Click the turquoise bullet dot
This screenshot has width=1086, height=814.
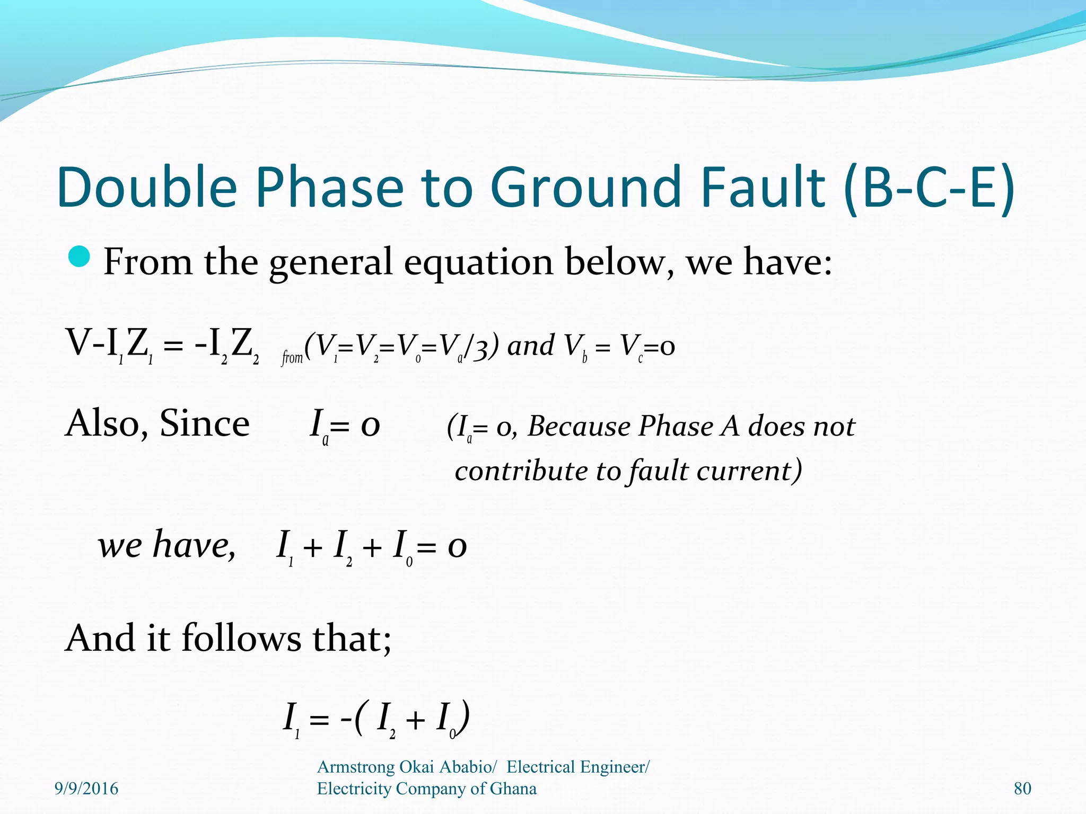(80, 257)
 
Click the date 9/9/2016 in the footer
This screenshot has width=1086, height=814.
(86, 789)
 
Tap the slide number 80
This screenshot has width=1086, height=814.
(1022, 789)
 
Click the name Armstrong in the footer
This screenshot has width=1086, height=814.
(355, 767)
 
